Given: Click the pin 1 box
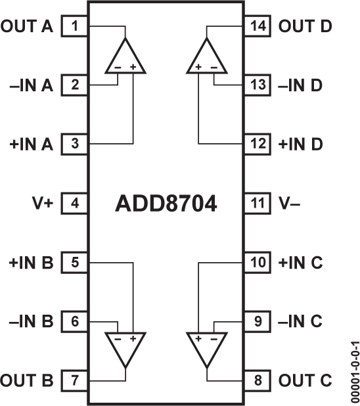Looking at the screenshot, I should coord(76,26).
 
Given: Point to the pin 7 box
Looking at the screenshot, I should coord(76,380).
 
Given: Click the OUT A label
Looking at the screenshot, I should coord(28,26).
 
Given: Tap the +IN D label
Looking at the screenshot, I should coord(300,144).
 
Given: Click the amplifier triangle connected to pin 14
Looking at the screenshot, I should coord(207,56).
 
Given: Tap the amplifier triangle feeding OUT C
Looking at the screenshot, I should coord(207,348).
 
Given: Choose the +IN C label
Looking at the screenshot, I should coord(300,263).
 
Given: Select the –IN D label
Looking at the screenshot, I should coord(300,85).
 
